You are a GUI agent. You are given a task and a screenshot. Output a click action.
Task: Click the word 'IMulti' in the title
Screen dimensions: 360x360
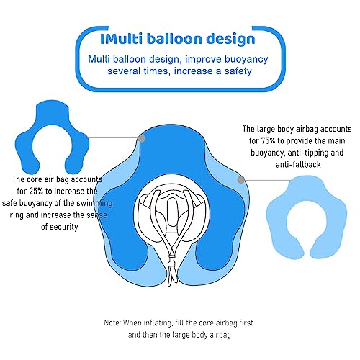click(x=121, y=39)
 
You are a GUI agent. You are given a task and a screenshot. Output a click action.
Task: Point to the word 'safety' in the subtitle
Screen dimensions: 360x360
click(x=238, y=71)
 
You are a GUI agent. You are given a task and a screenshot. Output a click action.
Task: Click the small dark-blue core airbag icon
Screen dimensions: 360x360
click(x=52, y=138)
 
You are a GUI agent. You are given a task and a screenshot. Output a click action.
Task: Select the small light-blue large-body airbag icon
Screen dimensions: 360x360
click(x=307, y=217)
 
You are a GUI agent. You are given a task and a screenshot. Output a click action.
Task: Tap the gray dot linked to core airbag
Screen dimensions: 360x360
click(x=142, y=138)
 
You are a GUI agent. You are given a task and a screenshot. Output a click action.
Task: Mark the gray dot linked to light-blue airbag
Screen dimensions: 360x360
click(x=240, y=179)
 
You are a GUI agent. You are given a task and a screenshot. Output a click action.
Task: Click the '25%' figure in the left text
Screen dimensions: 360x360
click(x=36, y=192)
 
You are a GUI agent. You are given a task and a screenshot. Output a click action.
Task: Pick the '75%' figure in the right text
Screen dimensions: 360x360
click(x=268, y=141)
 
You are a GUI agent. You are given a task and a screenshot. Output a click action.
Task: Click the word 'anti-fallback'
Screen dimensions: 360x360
click(x=298, y=165)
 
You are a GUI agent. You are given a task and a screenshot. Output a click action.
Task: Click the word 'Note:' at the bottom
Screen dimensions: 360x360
click(x=112, y=323)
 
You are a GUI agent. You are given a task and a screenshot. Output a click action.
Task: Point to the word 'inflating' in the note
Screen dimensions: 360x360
click(x=158, y=323)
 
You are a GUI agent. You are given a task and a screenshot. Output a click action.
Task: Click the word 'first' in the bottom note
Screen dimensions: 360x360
click(x=246, y=323)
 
